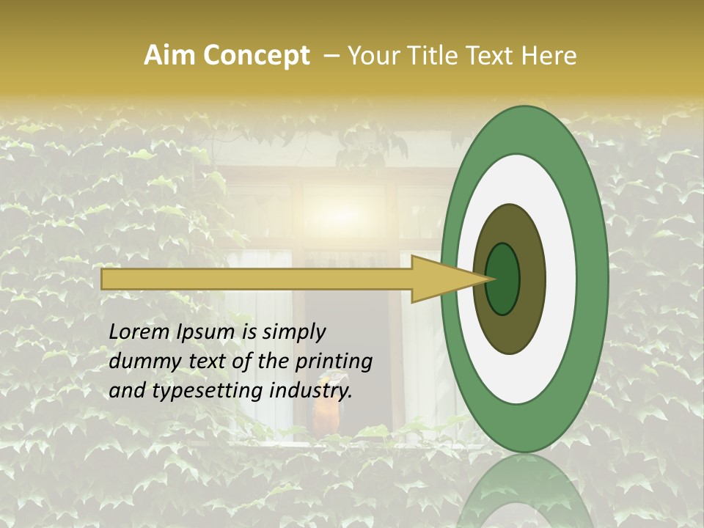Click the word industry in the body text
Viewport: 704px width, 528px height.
click(311, 391)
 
